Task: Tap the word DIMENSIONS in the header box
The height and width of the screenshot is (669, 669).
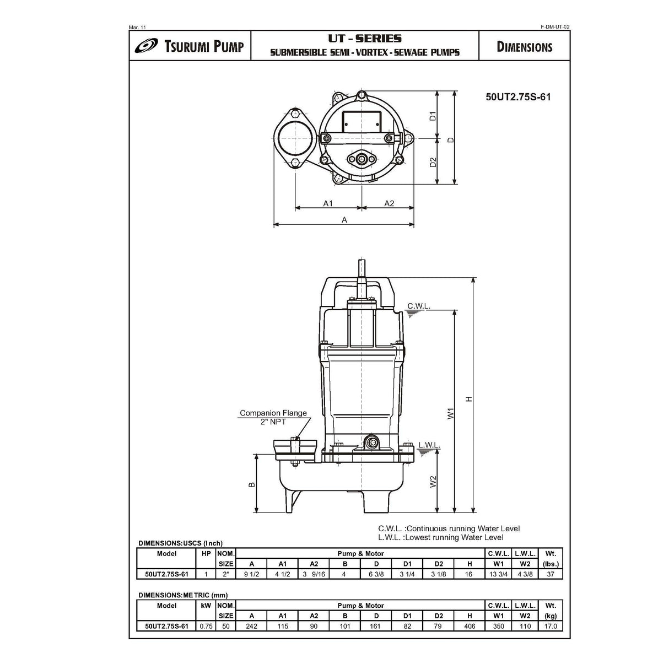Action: pos(524,47)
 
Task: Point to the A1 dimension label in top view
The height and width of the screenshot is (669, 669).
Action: pos(328,203)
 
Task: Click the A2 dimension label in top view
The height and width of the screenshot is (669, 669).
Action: pos(389,203)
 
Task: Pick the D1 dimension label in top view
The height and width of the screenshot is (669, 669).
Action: pos(433,116)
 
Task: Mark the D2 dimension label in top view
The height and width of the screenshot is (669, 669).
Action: pos(433,162)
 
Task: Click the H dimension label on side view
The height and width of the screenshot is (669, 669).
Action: pos(469,399)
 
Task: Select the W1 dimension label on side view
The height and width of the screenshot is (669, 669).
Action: pos(450,413)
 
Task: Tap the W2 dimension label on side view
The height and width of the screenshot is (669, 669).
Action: pos(433,481)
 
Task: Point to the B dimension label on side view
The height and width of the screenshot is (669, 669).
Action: pos(252,484)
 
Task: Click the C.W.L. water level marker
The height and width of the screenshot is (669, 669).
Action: pos(419,306)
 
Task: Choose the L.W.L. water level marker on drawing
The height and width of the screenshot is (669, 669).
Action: pos(428,445)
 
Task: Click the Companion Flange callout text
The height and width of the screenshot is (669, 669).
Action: pos(273,413)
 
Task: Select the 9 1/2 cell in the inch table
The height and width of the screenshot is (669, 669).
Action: pos(251,574)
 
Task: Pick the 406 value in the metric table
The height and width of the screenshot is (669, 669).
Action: pos(470,626)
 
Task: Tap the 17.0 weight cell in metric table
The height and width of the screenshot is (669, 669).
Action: pos(551,626)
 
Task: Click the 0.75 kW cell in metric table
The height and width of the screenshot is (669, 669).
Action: pos(206,626)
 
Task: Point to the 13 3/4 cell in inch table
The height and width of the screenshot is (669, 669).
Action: pos(498,574)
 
